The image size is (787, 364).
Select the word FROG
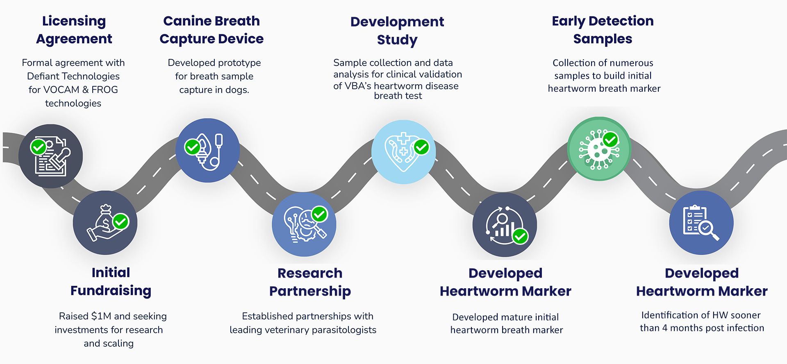click(x=105, y=90)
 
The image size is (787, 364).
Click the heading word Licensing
click(x=74, y=21)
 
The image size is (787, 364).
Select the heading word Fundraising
click(x=111, y=291)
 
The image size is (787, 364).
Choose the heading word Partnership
click(x=310, y=291)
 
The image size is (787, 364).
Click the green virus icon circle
click(x=599, y=149)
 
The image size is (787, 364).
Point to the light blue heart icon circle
click(x=403, y=152)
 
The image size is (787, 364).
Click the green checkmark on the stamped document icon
click(x=39, y=147)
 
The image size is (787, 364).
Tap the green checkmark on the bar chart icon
click(x=520, y=236)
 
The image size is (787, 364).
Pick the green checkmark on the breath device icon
click(x=192, y=147)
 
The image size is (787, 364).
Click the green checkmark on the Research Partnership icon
click(x=320, y=214)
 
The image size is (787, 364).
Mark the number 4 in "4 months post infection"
click(x=664, y=328)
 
